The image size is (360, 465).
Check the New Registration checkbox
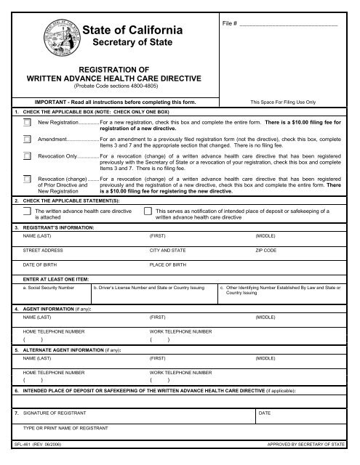pyautogui.click(x=27, y=123)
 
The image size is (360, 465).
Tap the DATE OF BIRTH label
pyautogui.click(x=39, y=264)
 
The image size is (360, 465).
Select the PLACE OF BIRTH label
pyautogui.click(x=168, y=264)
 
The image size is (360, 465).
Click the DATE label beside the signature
pyautogui.click(x=265, y=413)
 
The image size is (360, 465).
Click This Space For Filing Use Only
pyautogui.click(x=281, y=103)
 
